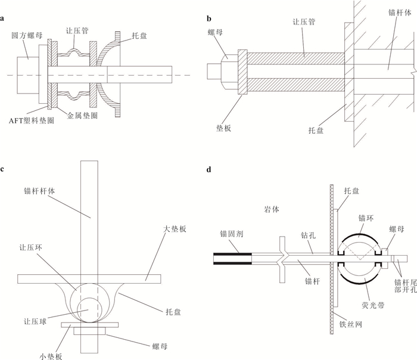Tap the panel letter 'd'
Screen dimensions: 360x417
tap(208, 169)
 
